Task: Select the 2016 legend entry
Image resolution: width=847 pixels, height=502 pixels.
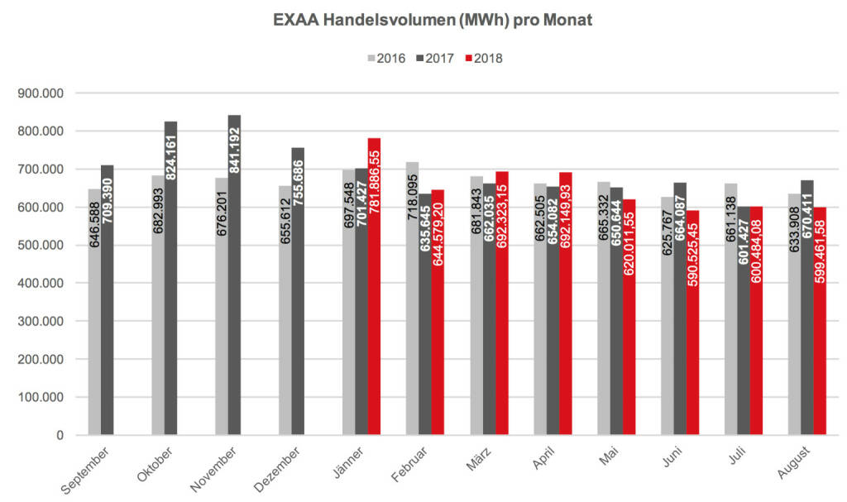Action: (386, 58)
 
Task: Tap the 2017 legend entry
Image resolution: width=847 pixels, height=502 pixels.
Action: (435, 58)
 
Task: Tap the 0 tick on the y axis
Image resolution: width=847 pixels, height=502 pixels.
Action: (60, 435)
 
